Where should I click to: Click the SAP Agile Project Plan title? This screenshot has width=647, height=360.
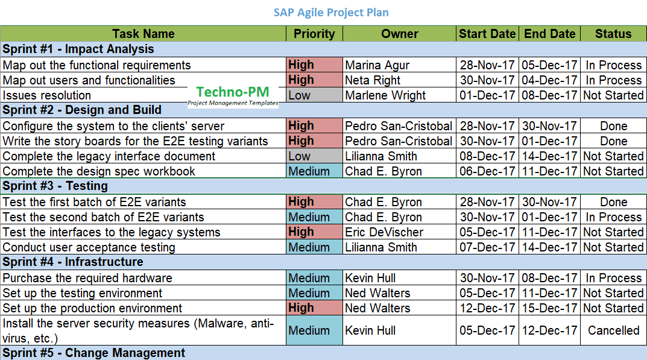click(x=331, y=13)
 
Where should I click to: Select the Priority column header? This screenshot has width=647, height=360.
click(x=314, y=34)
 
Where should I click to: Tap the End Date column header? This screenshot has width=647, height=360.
click(x=550, y=34)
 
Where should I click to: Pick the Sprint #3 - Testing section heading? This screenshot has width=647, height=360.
click(x=55, y=186)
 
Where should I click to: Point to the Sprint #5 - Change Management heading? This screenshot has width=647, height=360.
click(x=93, y=353)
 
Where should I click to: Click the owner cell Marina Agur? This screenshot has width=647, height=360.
click(x=377, y=65)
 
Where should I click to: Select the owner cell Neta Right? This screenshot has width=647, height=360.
click(x=373, y=80)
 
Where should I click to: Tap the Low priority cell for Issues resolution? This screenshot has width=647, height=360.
click(x=314, y=95)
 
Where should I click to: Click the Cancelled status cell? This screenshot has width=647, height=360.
click(x=613, y=330)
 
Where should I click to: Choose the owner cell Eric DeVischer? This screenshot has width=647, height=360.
click(x=384, y=232)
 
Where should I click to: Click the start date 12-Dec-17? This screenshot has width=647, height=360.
click(x=487, y=308)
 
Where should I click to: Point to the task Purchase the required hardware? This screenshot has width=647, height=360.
click(x=87, y=278)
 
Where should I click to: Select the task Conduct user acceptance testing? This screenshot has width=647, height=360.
click(x=89, y=247)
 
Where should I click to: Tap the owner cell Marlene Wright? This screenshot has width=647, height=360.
click(x=385, y=95)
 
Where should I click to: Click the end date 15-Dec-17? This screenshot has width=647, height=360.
click(x=549, y=308)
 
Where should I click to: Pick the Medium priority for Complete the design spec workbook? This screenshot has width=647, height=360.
click(x=314, y=171)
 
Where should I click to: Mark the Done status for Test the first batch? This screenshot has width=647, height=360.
click(x=614, y=202)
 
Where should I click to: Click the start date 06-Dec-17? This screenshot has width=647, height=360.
click(x=487, y=171)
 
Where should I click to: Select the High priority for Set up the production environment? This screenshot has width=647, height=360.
click(x=314, y=308)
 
